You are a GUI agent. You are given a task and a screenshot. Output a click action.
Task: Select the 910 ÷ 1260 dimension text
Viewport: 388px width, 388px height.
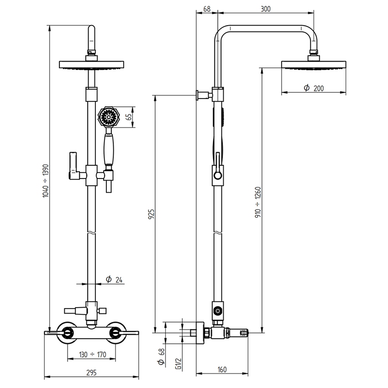tap(257, 201)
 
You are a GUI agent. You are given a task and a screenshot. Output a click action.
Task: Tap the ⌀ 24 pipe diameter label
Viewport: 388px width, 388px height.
tap(114, 279)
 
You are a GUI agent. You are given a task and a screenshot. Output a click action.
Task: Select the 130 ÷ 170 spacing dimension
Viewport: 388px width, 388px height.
tap(91, 355)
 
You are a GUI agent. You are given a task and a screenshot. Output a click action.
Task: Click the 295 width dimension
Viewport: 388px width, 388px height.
tap(91, 372)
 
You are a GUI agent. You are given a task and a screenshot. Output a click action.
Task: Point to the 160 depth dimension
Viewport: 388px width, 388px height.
tap(222, 370)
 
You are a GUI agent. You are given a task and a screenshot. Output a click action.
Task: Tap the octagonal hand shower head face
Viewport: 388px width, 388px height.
tap(108, 118)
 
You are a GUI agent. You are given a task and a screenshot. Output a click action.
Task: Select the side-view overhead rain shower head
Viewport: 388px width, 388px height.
tap(313, 64)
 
